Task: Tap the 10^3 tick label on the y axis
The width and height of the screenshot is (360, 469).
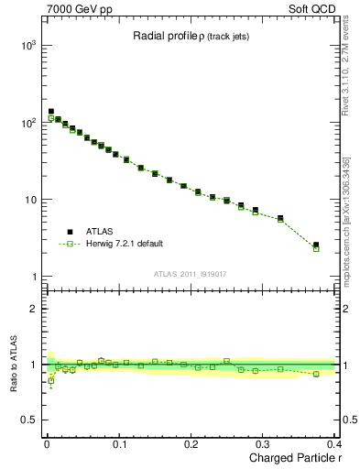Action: [27, 45]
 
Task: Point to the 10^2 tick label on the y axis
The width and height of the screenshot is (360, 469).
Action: [27, 122]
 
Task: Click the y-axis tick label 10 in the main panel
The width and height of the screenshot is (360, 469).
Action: [29, 200]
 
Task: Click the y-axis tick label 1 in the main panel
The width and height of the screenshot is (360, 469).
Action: [32, 277]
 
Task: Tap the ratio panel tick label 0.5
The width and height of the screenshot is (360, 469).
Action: [27, 420]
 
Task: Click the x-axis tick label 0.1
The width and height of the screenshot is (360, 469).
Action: [118, 445]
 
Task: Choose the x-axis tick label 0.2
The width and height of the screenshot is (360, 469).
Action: [191, 445]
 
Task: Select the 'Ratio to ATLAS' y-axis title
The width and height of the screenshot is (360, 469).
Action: [14, 364]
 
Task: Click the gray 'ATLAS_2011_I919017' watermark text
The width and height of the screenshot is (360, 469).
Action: [189, 273]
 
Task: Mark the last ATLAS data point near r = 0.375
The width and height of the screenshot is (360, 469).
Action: [316, 245]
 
